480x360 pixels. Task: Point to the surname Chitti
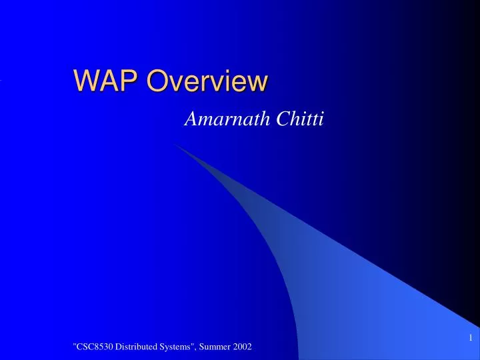coord(297,120)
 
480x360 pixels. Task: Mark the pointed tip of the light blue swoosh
coord(176,144)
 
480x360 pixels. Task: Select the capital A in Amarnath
coord(189,120)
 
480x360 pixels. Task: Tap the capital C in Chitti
coord(278,120)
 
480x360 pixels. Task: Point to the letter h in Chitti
coord(291,120)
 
